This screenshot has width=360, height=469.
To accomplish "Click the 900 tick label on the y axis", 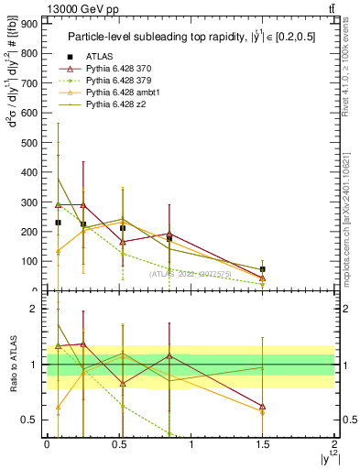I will point(29,23).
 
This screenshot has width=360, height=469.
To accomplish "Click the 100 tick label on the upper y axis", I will point(29,261).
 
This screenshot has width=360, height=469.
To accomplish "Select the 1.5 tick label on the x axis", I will point(263,444).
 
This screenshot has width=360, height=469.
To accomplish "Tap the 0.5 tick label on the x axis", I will point(119,444).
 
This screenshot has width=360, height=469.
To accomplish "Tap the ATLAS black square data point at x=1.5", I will point(263,269).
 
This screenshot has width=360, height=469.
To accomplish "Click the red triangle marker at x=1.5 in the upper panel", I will point(263,278).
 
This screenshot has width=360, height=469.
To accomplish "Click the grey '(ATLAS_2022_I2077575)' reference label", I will point(190,273).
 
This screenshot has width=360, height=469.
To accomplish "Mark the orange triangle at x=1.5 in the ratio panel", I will point(263,411).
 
